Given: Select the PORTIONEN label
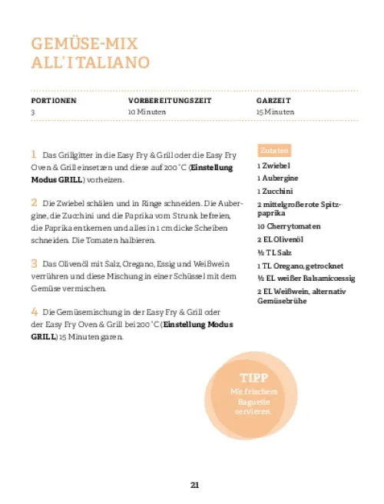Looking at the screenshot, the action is pyautogui.click(x=54, y=101).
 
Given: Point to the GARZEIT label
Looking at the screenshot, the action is pyautogui.click(x=273, y=101).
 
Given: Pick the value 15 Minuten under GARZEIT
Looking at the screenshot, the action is pyautogui.click(x=276, y=112).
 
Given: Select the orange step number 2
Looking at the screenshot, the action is pyautogui.click(x=34, y=202).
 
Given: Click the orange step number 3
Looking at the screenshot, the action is pyautogui.click(x=34, y=262).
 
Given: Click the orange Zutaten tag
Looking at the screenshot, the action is pyautogui.click(x=274, y=150).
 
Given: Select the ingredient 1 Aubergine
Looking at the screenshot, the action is pyautogui.click(x=277, y=178).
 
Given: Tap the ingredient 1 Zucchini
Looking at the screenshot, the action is pyautogui.click(x=276, y=190).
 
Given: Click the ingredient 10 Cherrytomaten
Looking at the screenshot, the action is pyautogui.click(x=288, y=226).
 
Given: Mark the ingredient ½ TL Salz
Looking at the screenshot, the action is pyautogui.click(x=273, y=252).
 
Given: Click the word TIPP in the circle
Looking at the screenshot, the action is pyautogui.click(x=253, y=379).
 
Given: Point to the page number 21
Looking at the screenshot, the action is pyautogui.click(x=195, y=484).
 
